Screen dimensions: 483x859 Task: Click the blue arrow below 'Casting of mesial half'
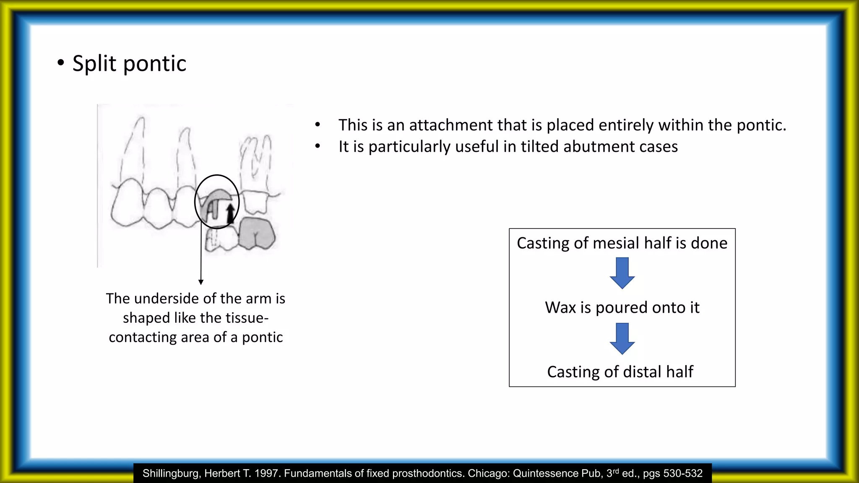pyautogui.click(x=622, y=273)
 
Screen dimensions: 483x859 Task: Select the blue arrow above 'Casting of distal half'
pyautogui.click(x=622, y=338)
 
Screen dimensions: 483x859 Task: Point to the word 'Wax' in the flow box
pyautogui.click(x=560, y=308)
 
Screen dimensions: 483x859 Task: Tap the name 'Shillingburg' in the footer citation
pyautogui.click(x=170, y=473)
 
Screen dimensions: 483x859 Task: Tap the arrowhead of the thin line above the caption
pyautogui.click(x=201, y=282)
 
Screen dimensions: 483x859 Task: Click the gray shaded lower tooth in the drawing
pyautogui.click(x=257, y=234)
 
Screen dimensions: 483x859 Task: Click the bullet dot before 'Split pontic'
pyautogui.click(x=61, y=63)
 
